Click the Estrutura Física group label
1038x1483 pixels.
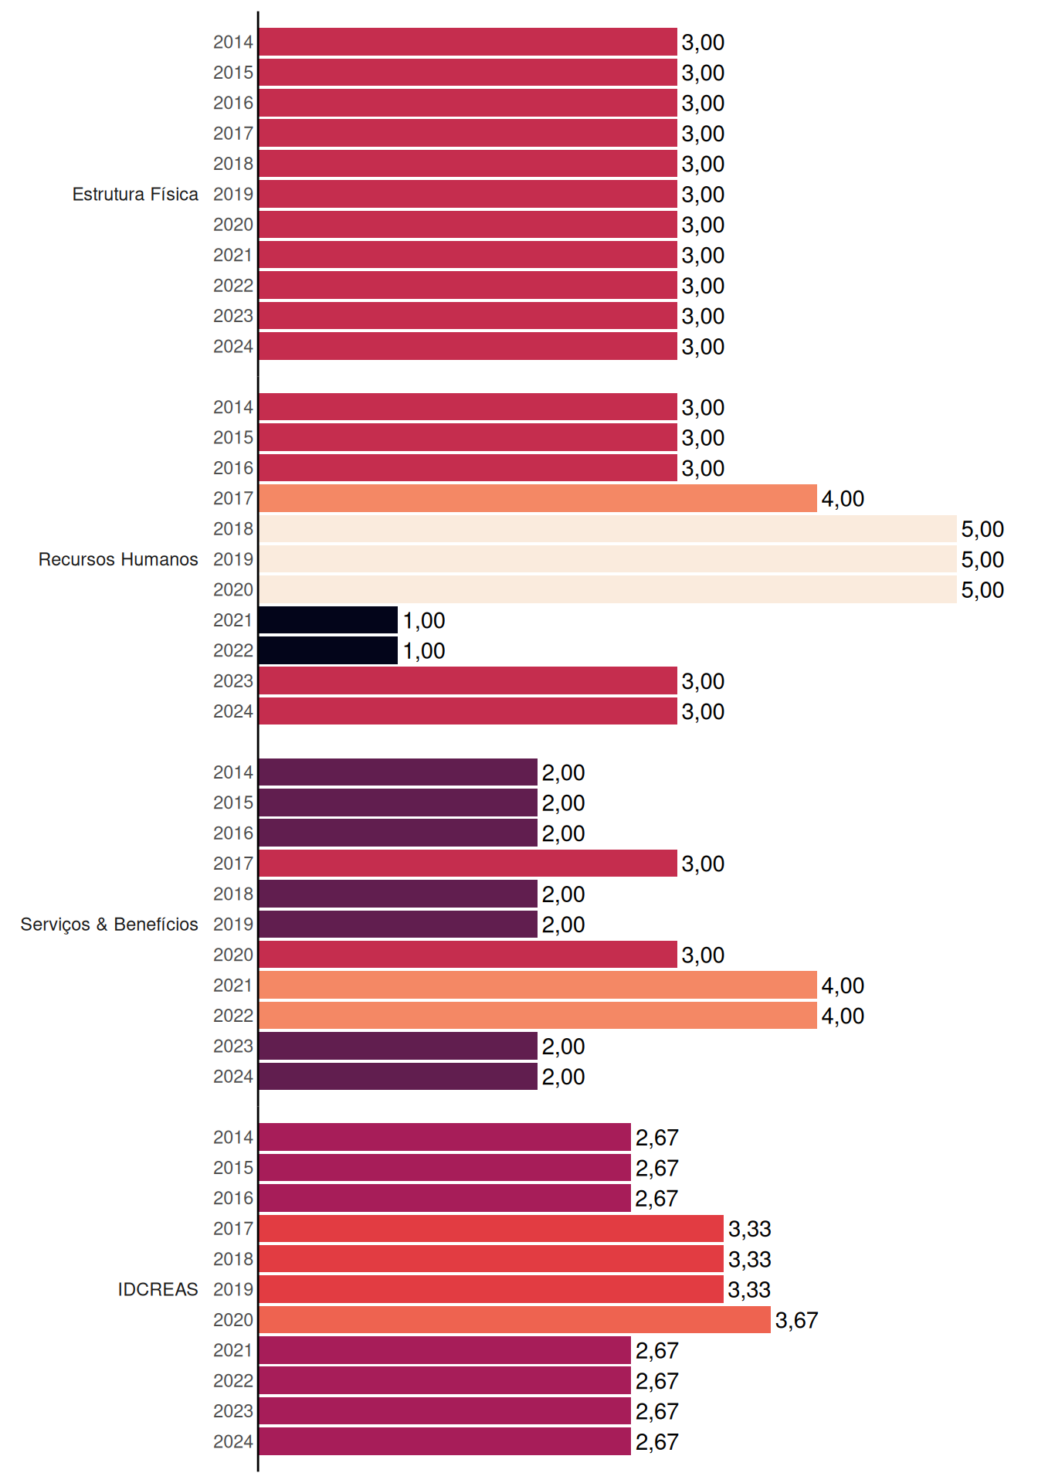135,194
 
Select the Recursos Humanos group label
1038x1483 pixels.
118,559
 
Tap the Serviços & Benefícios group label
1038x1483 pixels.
109,925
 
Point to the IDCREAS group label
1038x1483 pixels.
158,1289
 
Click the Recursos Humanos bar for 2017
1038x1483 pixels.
538,498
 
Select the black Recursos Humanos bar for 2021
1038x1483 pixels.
328,620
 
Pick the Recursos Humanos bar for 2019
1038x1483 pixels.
608,559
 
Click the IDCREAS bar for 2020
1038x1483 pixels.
514,1320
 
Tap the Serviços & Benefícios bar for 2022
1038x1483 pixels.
538,1016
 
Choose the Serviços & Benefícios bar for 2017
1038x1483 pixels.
468,864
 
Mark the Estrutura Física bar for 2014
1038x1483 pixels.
468,42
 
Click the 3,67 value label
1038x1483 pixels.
796,1321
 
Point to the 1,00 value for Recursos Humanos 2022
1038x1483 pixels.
424,651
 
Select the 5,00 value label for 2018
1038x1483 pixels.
982,529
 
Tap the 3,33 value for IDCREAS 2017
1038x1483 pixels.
750,1229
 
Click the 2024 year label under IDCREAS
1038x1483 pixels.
233,1441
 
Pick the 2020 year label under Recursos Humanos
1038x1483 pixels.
233,589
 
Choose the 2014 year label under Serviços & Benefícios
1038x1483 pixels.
233,772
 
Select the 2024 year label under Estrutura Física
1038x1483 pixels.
233,346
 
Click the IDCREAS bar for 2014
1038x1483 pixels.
445,1137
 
